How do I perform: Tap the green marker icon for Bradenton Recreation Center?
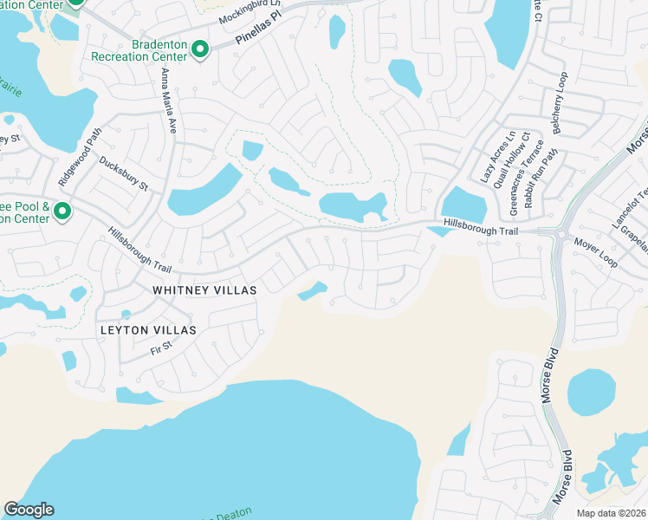[200, 50]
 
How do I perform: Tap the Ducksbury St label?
[124, 174]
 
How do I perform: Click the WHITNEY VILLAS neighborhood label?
[204, 290]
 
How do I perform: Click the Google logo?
[29, 510]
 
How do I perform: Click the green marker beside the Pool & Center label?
[62, 211]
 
